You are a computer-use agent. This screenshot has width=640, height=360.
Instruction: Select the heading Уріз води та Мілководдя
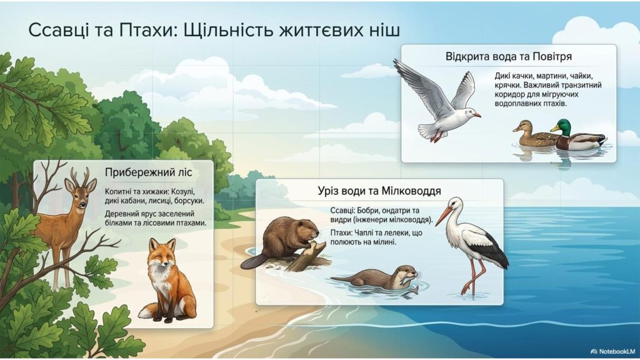379,191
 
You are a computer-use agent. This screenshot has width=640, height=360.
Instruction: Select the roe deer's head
78,194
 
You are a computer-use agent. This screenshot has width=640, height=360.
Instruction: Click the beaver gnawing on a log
281,241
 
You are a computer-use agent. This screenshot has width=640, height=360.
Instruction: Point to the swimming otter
375,277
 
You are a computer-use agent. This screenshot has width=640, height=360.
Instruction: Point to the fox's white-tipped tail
147,310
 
